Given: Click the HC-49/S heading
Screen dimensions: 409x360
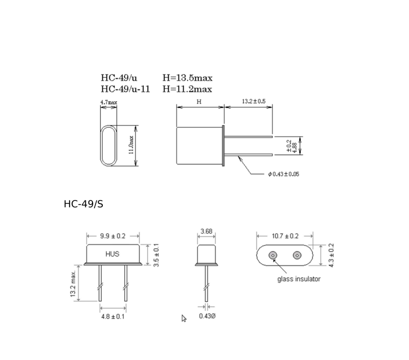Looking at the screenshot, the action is pos(83,204).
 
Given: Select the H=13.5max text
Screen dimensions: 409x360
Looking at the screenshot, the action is pos(188,78).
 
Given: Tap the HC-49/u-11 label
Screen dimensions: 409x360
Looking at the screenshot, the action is pos(125,89).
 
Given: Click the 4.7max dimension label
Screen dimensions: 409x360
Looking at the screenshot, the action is pos(109,102).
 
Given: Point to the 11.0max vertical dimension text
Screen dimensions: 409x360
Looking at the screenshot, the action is pos(131,145).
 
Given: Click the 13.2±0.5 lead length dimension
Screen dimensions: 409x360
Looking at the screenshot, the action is pos(254,101).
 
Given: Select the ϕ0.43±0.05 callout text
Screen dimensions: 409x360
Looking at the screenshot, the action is pos(284,174).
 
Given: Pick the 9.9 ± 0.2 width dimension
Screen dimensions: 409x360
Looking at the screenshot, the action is pos(112,236).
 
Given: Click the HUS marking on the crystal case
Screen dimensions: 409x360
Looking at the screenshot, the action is pos(112,254).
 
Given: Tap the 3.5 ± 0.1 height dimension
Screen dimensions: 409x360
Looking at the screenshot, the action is pos(156,255).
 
